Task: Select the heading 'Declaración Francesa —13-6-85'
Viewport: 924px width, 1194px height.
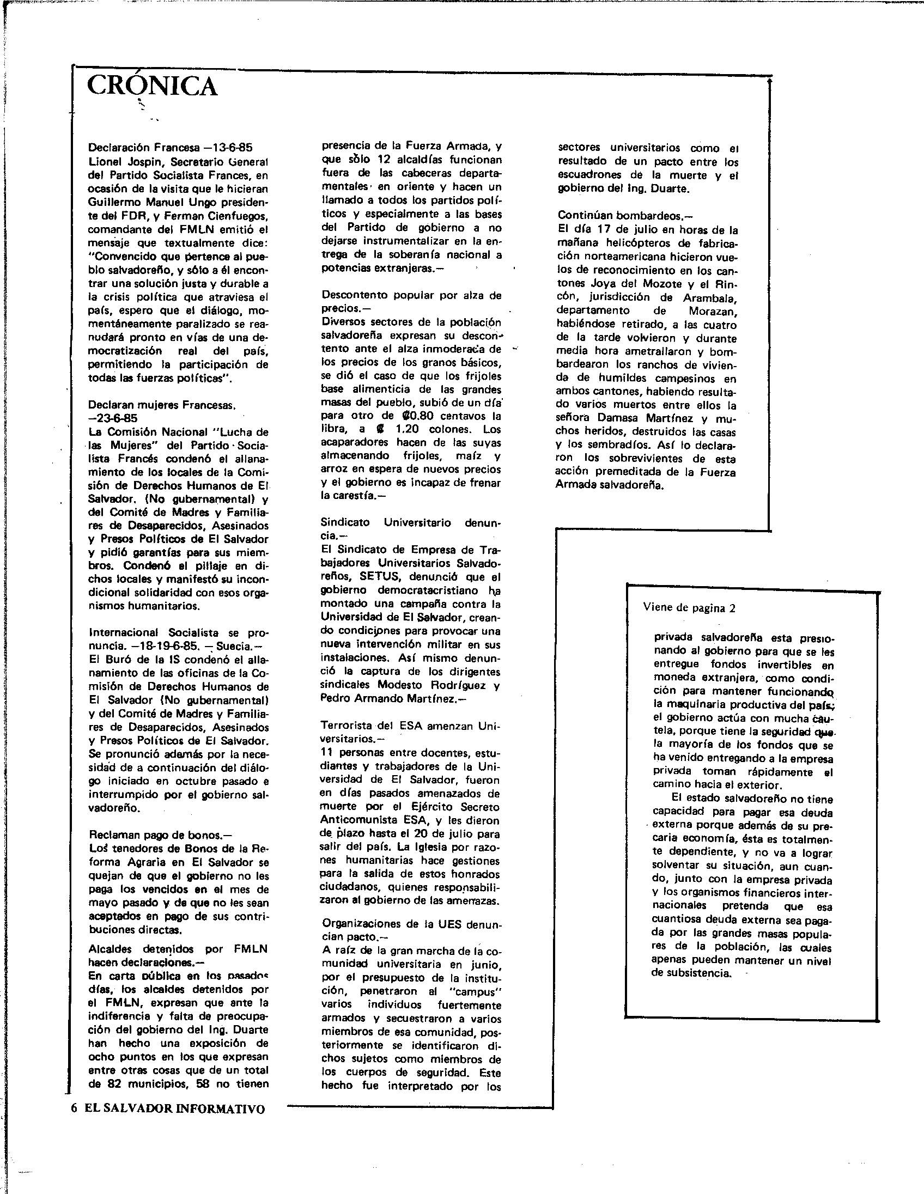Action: coord(170,148)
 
